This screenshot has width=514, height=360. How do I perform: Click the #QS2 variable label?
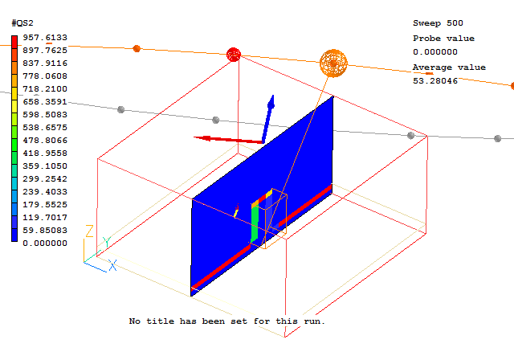[x=22, y=23]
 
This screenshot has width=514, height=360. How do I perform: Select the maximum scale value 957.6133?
[x=45, y=38]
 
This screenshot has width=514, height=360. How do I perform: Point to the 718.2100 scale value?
[x=45, y=89]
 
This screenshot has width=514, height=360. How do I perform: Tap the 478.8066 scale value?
[x=45, y=141]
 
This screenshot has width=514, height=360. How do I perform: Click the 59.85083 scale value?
[x=45, y=230]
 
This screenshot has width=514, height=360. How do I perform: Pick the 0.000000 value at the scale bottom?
[x=45, y=243]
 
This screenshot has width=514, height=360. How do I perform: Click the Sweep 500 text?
[x=438, y=23]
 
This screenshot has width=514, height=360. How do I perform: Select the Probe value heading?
[x=443, y=39]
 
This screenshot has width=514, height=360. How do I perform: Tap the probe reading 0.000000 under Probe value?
[x=435, y=51]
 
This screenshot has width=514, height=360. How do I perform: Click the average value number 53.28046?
[x=435, y=80]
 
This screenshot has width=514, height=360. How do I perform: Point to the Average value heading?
[x=449, y=67]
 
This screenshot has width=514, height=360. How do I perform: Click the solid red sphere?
[x=234, y=55]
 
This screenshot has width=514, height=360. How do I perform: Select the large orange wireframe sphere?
[x=333, y=63]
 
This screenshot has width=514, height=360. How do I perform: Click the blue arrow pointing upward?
[x=268, y=119]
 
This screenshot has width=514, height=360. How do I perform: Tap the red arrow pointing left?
[x=228, y=140]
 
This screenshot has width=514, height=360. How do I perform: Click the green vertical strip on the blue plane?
[x=255, y=223]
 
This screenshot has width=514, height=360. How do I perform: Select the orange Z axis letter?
[x=89, y=231]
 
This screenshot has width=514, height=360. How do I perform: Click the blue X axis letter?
[x=112, y=265]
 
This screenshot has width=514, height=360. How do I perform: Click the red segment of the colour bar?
[x=14, y=43]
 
